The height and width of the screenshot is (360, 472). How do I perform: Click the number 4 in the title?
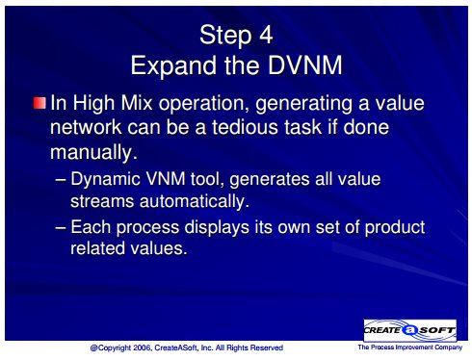pyautogui.click(x=266, y=35)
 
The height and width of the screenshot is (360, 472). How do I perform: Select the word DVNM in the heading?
pyautogui.click(x=305, y=65)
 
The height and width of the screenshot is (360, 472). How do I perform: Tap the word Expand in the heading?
pyautogui.click(x=173, y=65)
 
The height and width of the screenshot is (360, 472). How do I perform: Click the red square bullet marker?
pyautogui.click(x=39, y=103)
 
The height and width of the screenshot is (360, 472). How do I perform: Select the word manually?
pyautogui.click(x=93, y=152)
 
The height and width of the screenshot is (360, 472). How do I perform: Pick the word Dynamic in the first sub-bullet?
pyautogui.click(x=105, y=179)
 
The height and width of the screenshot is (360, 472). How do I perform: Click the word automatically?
pyautogui.click(x=195, y=201)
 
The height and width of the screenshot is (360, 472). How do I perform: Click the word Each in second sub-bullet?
pyautogui.click(x=91, y=226)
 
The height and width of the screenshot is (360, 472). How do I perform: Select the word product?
pyautogui.click(x=395, y=227)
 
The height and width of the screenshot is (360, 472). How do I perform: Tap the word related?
pyautogui.click(x=97, y=248)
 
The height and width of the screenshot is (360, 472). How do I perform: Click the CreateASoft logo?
pyautogui.click(x=410, y=330)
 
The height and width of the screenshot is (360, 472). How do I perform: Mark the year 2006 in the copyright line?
pyautogui.click(x=142, y=347)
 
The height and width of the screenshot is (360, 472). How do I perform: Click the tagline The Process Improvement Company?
pyautogui.click(x=410, y=347)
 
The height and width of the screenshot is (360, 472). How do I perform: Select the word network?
pyautogui.click(x=86, y=127)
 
